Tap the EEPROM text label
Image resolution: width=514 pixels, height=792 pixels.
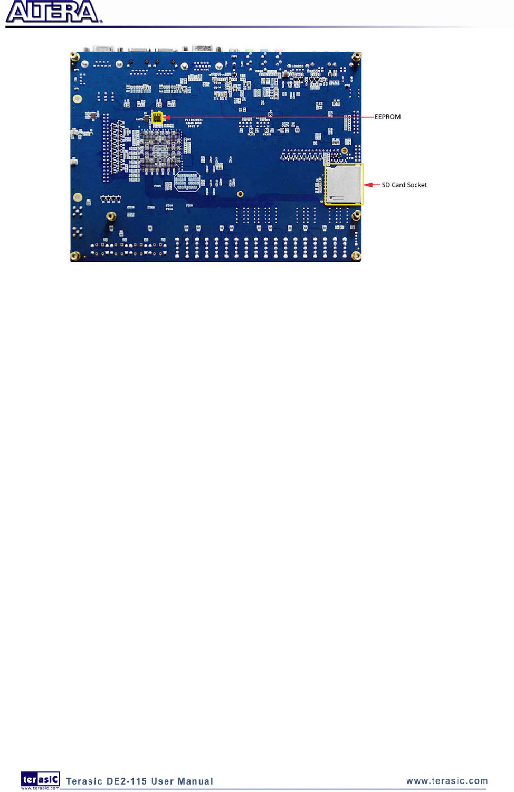point(387,117)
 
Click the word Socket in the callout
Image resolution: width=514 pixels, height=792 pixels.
point(416,185)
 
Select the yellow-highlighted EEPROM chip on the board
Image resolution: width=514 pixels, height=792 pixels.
point(157,117)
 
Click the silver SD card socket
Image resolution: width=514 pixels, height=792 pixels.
point(343,184)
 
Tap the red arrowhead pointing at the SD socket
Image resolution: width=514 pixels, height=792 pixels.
point(368,185)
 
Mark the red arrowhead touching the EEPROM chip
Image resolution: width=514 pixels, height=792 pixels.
point(167,117)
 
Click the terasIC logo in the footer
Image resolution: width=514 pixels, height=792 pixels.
point(40,780)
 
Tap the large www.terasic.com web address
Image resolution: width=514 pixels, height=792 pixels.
point(447,781)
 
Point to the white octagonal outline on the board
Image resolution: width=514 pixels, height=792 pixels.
point(187,181)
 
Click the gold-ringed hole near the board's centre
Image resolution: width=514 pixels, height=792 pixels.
point(240,194)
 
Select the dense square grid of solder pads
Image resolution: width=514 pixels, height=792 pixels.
point(160,150)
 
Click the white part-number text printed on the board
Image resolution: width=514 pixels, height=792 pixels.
point(194,123)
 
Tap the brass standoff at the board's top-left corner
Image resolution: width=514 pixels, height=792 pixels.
point(75,55)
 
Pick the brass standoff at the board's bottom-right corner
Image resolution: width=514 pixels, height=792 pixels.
point(356,257)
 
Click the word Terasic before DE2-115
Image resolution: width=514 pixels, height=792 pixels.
point(84,781)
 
